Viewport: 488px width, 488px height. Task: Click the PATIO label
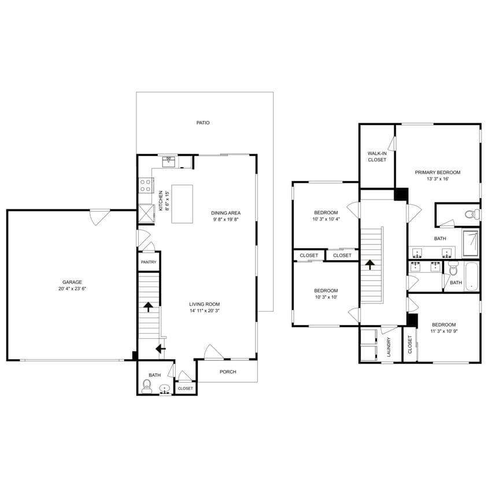point(202,123)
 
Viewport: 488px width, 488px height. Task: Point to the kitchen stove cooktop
point(145,186)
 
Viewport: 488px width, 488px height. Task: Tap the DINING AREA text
point(225,213)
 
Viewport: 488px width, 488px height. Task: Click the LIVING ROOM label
point(205,304)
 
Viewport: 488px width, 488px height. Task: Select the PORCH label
point(228,372)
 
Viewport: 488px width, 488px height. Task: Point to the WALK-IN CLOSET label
point(377,157)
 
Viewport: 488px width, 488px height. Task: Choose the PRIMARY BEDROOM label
point(438,172)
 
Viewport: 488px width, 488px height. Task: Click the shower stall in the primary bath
point(471,243)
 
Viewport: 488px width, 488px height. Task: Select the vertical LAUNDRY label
point(389,347)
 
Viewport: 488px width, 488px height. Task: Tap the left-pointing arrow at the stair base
point(159,348)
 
